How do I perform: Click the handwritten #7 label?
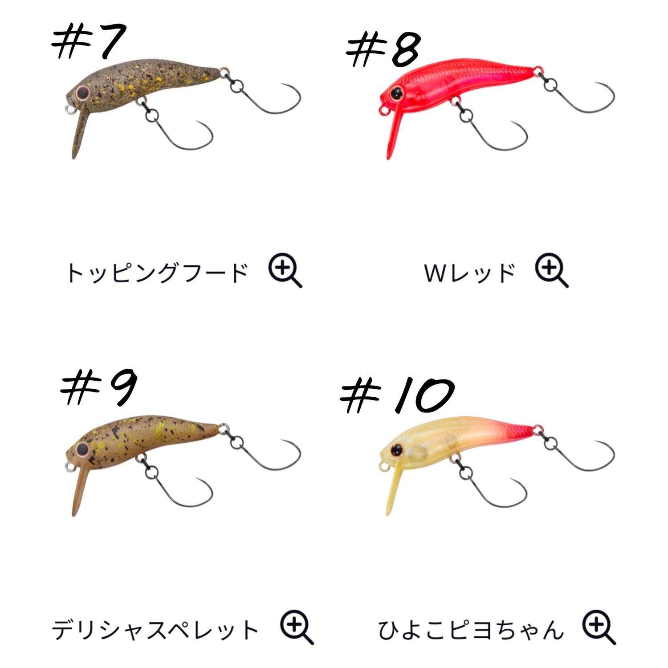click(x=88, y=41)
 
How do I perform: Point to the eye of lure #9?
click(x=82, y=450)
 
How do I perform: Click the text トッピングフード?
click(x=157, y=273)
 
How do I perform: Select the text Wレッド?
click(x=469, y=273)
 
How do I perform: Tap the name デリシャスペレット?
click(x=155, y=630)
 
